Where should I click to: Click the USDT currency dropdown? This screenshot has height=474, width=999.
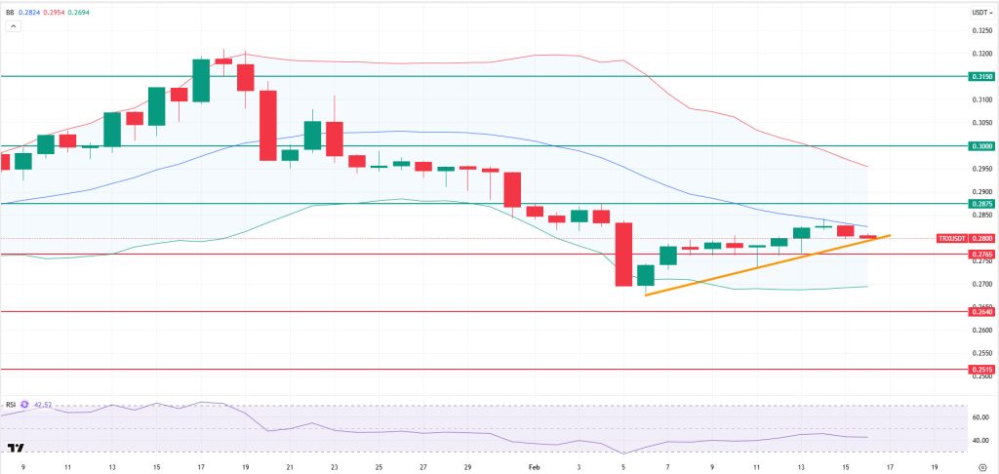[x=980, y=13]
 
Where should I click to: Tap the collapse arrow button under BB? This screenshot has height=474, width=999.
[x=14, y=27]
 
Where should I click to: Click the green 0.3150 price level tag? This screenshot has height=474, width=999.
[x=980, y=76]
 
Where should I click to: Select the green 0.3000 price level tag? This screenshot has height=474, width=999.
[x=980, y=145]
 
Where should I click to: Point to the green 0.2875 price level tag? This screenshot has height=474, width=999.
[x=980, y=204]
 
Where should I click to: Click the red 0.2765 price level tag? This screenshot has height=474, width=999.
[x=980, y=255]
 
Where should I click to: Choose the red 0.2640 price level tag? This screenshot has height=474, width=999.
[x=980, y=311]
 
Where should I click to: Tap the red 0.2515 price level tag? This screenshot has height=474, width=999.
[x=980, y=370]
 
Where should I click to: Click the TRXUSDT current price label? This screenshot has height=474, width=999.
[x=965, y=238]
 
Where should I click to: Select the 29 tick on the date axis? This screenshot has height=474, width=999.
[x=468, y=467]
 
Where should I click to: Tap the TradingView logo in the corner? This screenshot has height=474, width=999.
[x=16, y=449]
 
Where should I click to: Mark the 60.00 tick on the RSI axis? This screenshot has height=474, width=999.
[x=979, y=417]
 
